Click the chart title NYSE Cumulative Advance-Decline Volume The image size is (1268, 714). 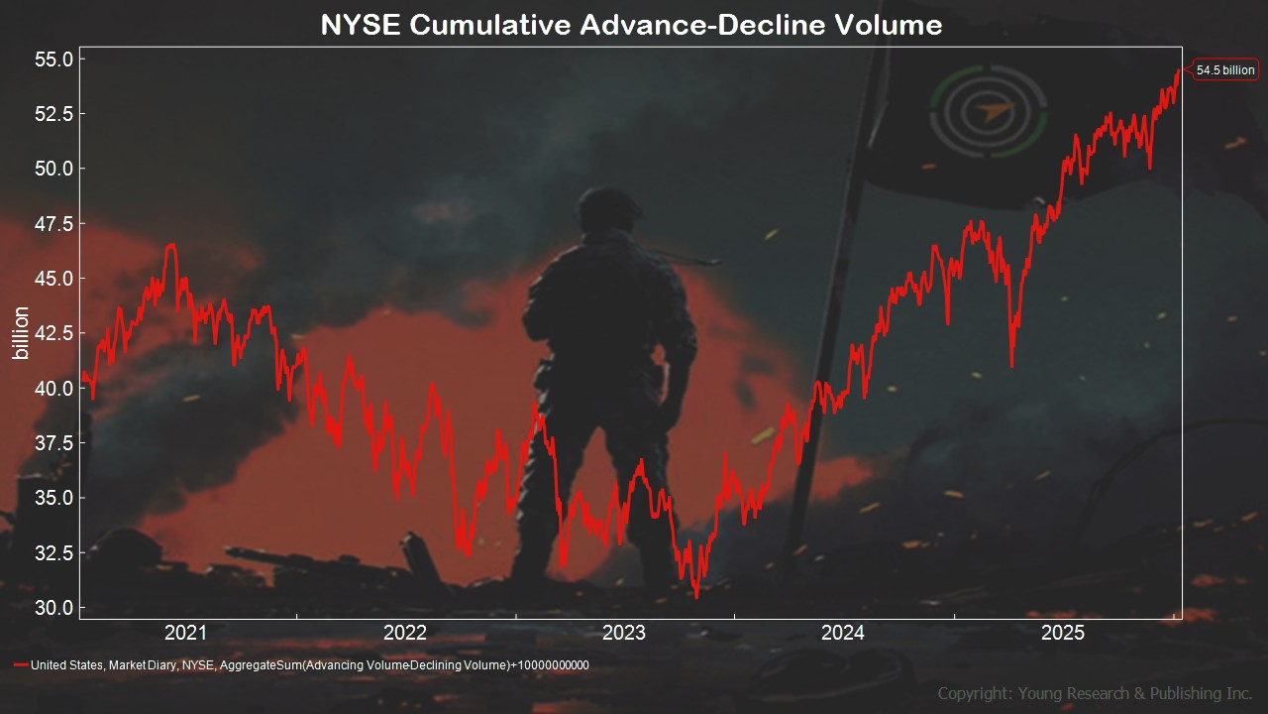(x=631, y=25)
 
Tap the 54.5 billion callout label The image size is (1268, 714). (x=1225, y=70)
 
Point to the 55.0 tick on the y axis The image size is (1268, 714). (x=54, y=59)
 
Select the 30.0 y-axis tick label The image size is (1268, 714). (x=54, y=608)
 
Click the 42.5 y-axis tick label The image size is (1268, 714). (x=54, y=333)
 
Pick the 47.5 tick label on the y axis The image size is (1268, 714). (x=54, y=224)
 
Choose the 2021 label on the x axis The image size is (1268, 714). (x=185, y=633)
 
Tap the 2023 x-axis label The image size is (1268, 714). (x=624, y=633)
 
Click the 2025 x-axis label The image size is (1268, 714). (x=1063, y=633)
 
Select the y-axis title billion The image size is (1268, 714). (x=21, y=332)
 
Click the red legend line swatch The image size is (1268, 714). (x=21, y=664)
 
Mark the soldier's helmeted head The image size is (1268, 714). (x=608, y=209)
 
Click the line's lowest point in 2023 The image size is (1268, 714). (x=696, y=597)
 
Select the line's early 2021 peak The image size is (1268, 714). (x=171, y=245)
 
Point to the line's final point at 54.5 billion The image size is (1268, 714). (x=1179, y=70)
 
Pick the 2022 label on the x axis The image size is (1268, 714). (x=405, y=633)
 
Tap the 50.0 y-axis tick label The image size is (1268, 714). (x=54, y=169)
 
